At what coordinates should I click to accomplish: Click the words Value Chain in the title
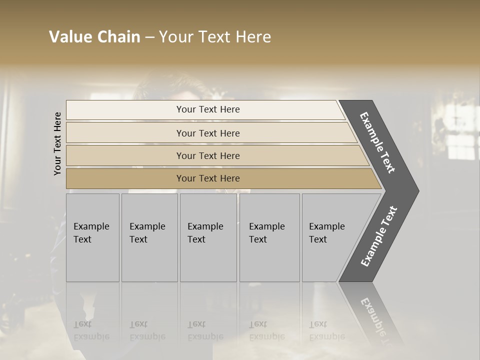[x=94, y=37]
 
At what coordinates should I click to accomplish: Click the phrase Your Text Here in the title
[x=215, y=37]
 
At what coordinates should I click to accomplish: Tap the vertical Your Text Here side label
[x=57, y=143]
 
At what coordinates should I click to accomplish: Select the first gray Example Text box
[x=92, y=237]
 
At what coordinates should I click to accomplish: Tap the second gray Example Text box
[x=149, y=237]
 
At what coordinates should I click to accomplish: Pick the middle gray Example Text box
[x=208, y=237]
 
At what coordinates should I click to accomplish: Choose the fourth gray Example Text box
[x=269, y=237]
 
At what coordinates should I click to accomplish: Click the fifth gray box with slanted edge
[x=330, y=237]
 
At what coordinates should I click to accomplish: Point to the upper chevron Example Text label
[x=377, y=142]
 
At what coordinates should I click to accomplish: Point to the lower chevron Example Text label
[x=378, y=236]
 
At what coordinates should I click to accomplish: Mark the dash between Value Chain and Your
[x=149, y=37]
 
